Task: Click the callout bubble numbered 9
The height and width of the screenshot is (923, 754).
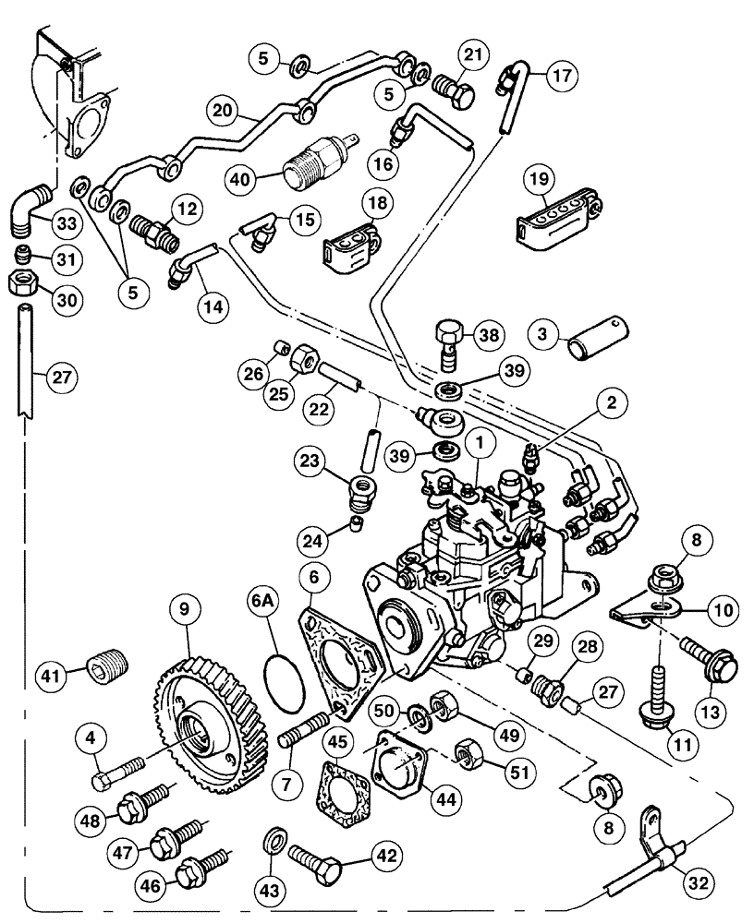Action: (185, 609)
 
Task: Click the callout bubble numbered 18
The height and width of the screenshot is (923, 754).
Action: (380, 203)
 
